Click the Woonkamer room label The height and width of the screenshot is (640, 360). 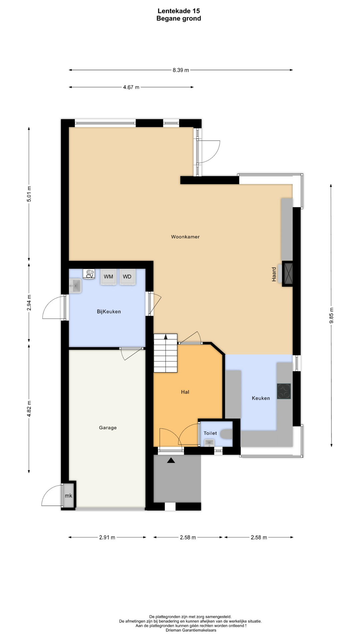click(x=185, y=237)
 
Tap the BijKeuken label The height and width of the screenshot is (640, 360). click(x=109, y=312)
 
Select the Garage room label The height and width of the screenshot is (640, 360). click(x=108, y=428)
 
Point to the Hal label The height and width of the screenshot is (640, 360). click(x=185, y=392)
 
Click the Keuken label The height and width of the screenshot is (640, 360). click(x=261, y=398)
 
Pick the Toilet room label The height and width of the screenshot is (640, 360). click(x=210, y=433)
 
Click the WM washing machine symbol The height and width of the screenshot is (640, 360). click(x=108, y=277)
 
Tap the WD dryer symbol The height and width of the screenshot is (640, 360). click(x=127, y=277)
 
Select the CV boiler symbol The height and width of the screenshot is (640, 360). click(x=89, y=274)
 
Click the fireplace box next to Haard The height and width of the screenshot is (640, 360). click(x=287, y=274)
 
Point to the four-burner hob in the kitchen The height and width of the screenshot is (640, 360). click(x=284, y=391)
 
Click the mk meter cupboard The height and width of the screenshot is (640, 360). click(x=69, y=496)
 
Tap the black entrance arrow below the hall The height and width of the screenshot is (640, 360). click(x=171, y=460)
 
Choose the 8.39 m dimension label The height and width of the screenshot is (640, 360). click(x=181, y=70)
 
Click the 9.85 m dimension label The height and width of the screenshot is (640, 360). click(x=331, y=315)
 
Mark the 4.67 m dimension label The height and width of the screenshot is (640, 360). click(x=131, y=87)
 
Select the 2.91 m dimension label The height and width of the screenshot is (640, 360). click(x=107, y=537)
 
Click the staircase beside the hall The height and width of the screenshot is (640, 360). click(x=165, y=353)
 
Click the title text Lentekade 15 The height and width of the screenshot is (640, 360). click(x=179, y=12)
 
